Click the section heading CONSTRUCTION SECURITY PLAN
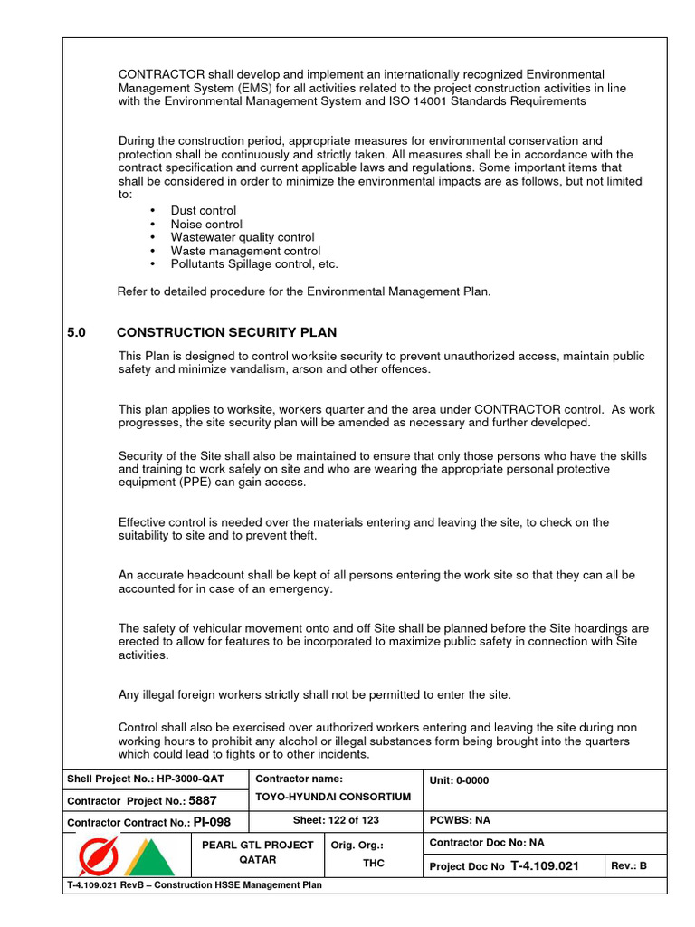point(226,332)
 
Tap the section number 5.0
point(76,332)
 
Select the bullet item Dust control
point(203,210)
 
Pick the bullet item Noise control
point(206,224)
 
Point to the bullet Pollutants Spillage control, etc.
point(254,264)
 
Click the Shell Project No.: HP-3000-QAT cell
point(145,779)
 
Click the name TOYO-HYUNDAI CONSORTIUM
point(333,797)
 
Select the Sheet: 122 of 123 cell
point(336,820)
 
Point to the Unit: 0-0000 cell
point(460,780)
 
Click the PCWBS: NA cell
point(460,820)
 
